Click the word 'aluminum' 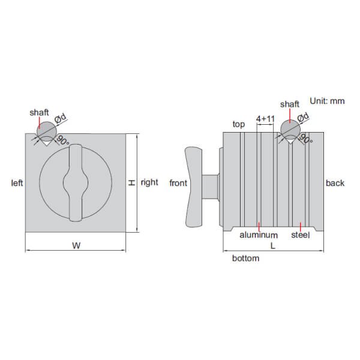[x=258, y=235]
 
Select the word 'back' [x=335, y=183]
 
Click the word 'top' [x=239, y=124]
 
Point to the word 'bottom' [x=245, y=259]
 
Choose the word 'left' [x=17, y=183]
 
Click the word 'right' [x=149, y=182]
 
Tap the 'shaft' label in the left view [x=39, y=112]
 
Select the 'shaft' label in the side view [x=289, y=104]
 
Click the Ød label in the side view [x=303, y=117]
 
